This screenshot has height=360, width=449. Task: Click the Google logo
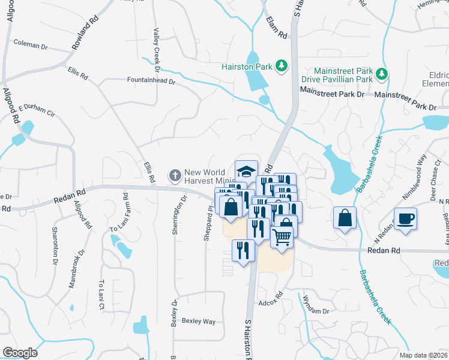(20, 353)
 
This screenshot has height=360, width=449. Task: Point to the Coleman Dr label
(30, 46)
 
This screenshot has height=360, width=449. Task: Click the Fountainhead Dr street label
(151, 80)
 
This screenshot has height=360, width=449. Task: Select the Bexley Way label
(199, 322)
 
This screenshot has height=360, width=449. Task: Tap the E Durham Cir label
(37, 111)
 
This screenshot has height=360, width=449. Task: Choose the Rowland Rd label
(86, 32)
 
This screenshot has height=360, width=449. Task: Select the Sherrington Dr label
(178, 217)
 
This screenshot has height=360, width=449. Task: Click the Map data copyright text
(424, 355)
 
